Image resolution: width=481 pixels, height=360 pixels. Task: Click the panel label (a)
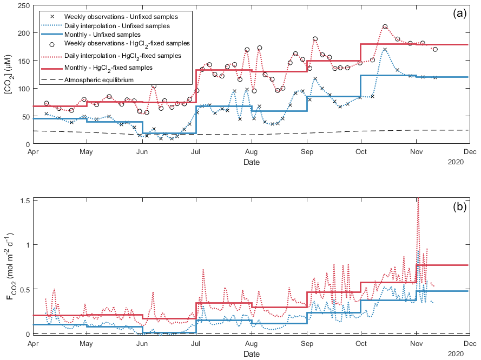(460, 14)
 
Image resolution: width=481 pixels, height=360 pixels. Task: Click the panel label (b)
(460, 207)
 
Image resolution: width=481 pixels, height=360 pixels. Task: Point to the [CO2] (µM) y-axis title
(9, 75)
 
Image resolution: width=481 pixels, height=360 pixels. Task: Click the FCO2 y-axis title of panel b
(9, 266)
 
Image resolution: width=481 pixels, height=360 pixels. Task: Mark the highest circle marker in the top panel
(385, 26)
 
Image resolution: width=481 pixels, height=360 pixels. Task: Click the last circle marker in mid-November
(435, 49)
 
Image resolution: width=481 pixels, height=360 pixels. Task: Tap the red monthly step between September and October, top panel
(333, 61)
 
